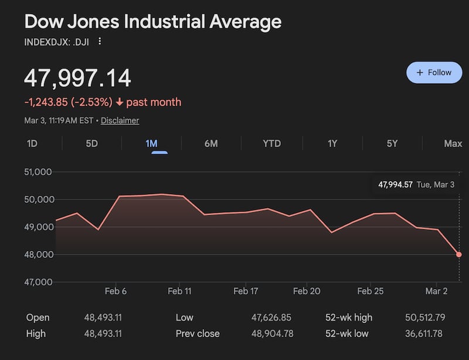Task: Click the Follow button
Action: click(x=434, y=73)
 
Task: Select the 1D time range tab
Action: click(x=32, y=144)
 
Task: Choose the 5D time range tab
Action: click(x=92, y=144)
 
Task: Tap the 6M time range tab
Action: click(x=211, y=144)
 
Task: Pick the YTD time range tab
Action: click(x=271, y=144)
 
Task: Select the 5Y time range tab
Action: click(x=392, y=144)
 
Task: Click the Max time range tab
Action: click(x=453, y=144)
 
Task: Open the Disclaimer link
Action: click(x=120, y=120)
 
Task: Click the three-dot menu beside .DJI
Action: click(x=100, y=41)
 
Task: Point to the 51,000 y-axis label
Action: click(x=39, y=172)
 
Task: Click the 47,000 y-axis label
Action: click(x=39, y=282)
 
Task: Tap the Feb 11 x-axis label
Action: click(x=179, y=291)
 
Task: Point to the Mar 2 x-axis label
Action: click(x=436, y=291)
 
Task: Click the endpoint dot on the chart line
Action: click(x=458, y=254)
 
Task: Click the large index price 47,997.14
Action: click(x=77, y=79)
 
